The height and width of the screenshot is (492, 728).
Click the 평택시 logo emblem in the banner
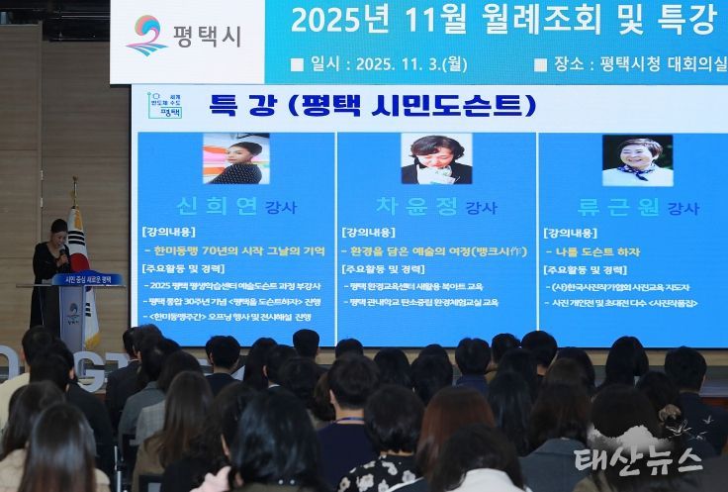pyautogui.click(x=146, y=34)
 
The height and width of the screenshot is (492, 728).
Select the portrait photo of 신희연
pyautogui.click(x=235, y=159)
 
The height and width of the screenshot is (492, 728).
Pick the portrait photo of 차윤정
pyautogui.click(x=436, y=159)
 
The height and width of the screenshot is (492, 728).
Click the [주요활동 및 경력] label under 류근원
pyautogui.click(x=585, y=269)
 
